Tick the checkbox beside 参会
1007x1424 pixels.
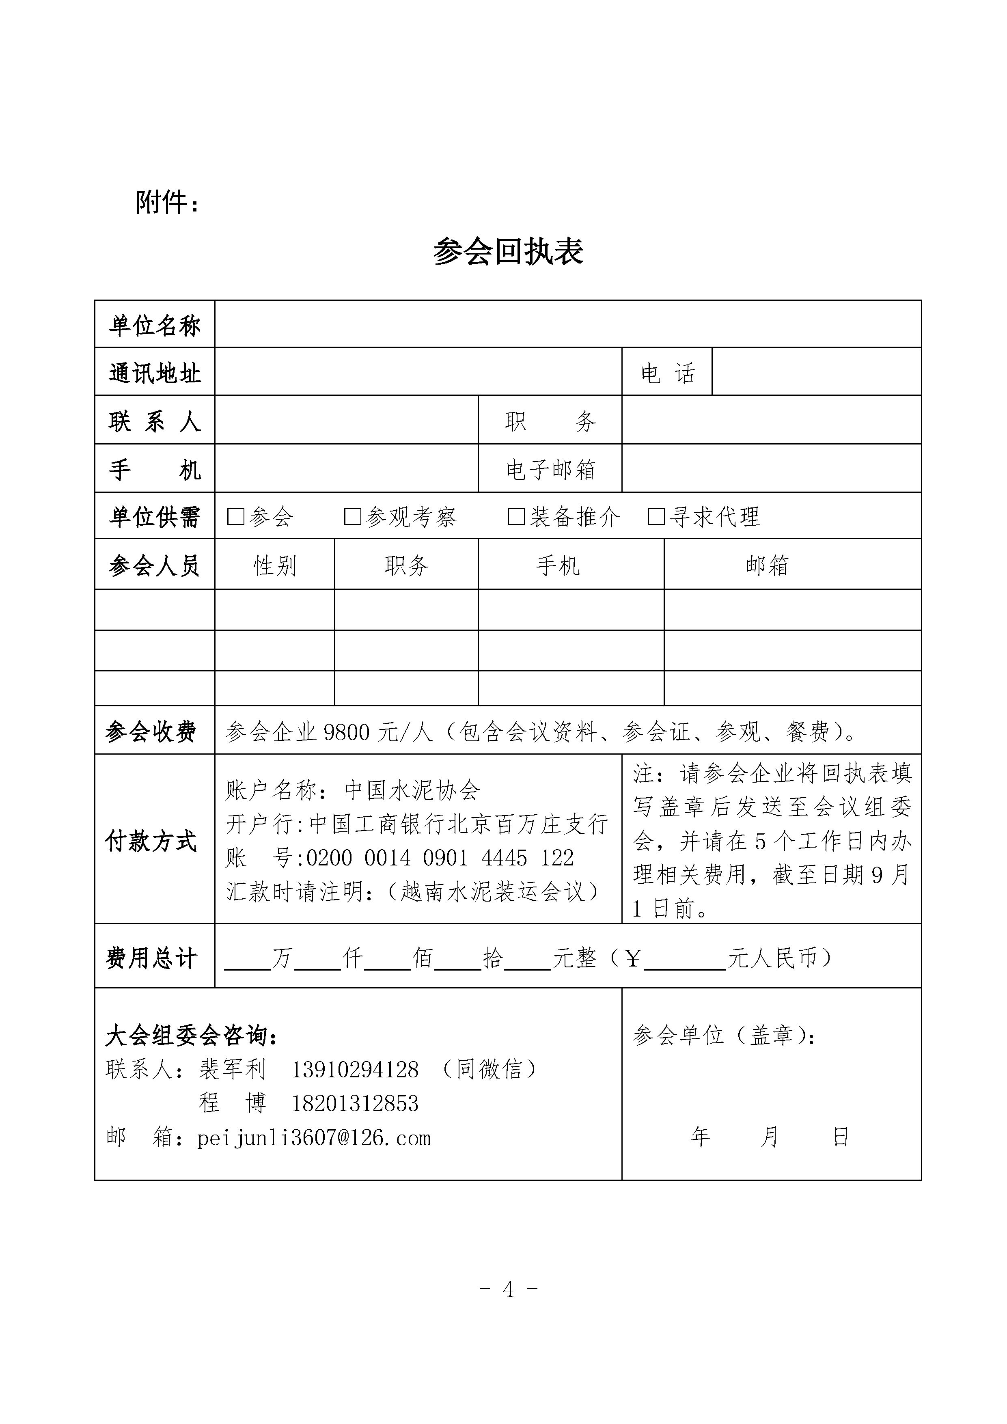(x=236, y=517)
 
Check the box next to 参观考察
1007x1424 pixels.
(x=352, y=517)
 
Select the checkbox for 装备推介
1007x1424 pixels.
(x=516, y=517)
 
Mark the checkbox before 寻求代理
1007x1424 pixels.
(x=656, y=517)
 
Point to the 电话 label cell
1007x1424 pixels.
(x=667, y=373)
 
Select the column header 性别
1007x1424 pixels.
(x=275, y=565)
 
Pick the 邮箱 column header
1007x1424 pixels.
(x=767, y=565)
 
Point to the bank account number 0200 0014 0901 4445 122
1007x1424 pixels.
(x=440, y=859)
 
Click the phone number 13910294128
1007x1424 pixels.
(x=355, y=1069)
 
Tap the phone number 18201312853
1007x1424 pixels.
(x=355, y=1103)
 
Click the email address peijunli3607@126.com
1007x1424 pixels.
(x=314, y=1138)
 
